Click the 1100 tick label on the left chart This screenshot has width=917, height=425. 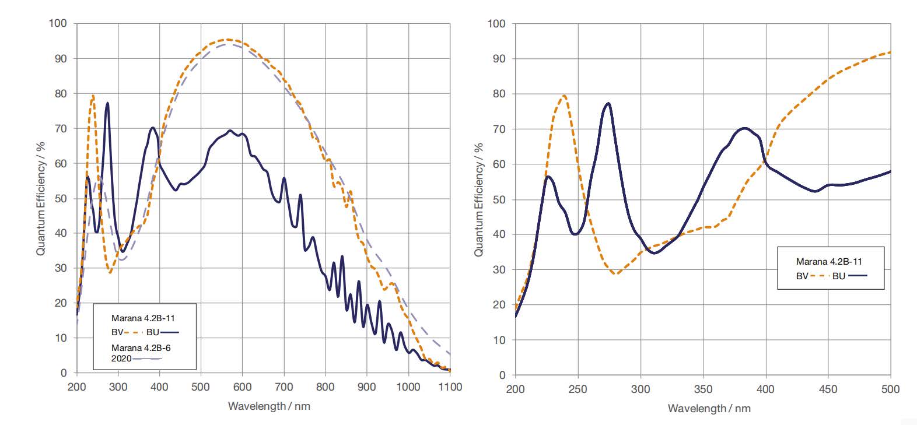(x=450, y=387)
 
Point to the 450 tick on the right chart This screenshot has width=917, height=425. (x=828, y=389)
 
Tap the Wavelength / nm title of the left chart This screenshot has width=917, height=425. (x=269, y=406)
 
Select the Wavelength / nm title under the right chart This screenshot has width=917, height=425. (x=709, y=408)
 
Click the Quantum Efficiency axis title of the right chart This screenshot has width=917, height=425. (x=479, y=199)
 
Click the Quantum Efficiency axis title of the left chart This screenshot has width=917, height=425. (x=41, y=198)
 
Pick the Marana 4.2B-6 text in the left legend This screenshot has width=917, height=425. (x=141, y=348)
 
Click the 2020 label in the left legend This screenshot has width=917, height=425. (x=121, y=359)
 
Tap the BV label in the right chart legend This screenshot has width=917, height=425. (x=802, y=276)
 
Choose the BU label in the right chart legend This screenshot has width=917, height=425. (x=838, y=276)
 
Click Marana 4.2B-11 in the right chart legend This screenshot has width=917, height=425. (x=829, y=262)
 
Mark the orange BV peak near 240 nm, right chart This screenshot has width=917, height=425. (x=563, y=96)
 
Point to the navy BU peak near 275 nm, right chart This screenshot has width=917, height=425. (x=608, y=103)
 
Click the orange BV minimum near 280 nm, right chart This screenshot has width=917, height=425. (x=616, y=273)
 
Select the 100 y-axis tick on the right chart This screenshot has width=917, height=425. (x=496, y=24)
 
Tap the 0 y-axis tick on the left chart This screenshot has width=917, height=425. (x=64, y=373)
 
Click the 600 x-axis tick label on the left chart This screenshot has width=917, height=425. (x=242, y=387)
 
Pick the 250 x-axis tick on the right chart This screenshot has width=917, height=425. (x=577, y=389)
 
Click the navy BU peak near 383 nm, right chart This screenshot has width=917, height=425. (x=744, y=128)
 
